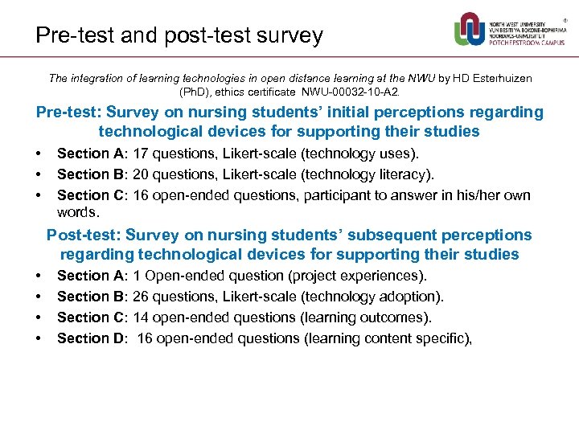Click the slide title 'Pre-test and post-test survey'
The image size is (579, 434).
[179, 35]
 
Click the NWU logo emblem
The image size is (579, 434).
[470, 30]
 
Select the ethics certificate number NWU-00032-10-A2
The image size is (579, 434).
[367, 92]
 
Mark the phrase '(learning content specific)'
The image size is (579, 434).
[386, 338]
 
